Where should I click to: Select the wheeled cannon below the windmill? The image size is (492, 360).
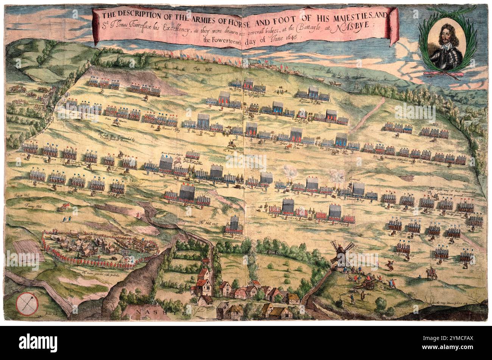[x=367, y=283]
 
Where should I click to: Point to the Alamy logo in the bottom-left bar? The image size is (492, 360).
[x=33, y=343]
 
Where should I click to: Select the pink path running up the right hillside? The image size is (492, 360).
[x=367, y=114]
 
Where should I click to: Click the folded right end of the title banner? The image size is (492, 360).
[x=394, y=26]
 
